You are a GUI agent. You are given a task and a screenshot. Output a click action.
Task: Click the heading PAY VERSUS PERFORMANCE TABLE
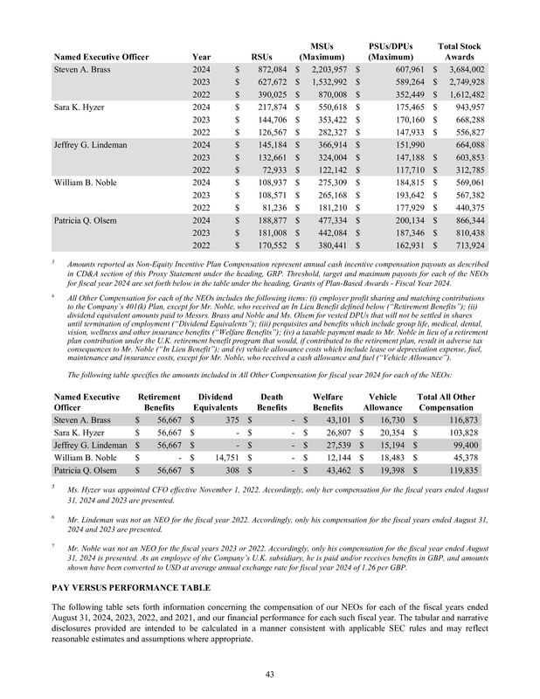tap(132, 588)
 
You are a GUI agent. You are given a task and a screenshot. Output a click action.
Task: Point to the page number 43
tap(269, 674)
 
